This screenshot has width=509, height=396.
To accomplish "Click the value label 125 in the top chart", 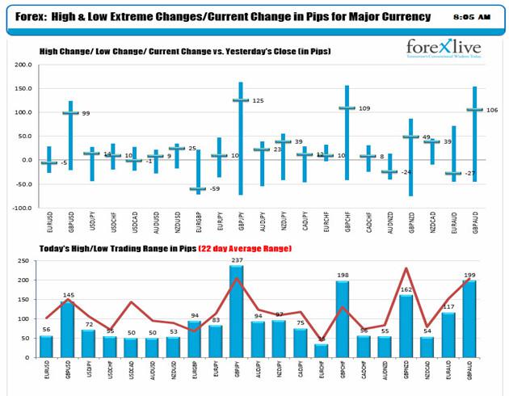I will (258, 100).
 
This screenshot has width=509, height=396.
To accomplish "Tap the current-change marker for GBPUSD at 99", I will (70, 113).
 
